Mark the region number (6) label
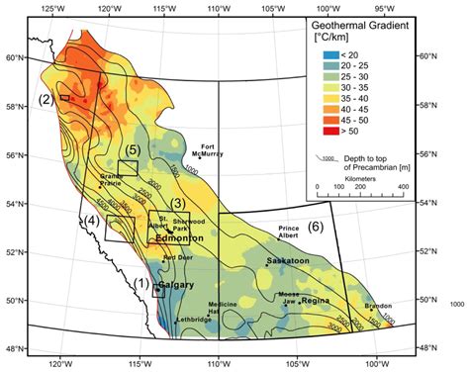[x=315, y=227]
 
